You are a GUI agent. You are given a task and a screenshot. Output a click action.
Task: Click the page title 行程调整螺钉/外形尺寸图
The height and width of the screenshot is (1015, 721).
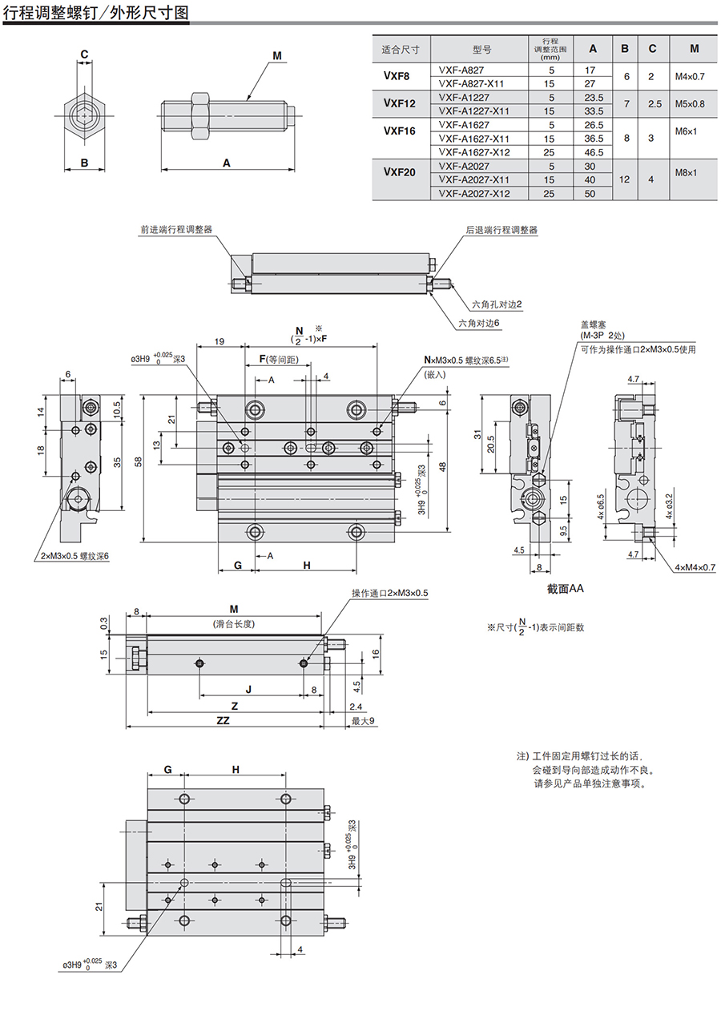[97, 14]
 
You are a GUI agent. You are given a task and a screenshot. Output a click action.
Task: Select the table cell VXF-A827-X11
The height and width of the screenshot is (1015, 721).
[472, 83]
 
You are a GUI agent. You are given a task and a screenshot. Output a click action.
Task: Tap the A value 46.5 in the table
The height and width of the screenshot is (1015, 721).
[593, 152]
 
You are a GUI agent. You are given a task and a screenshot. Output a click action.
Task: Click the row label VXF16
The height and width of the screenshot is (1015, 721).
[400, 131]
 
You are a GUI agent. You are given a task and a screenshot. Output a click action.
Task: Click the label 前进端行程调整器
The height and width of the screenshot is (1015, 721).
[176, 230]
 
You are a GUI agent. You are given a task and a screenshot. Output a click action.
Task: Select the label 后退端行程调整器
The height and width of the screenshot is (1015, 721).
[501, 230]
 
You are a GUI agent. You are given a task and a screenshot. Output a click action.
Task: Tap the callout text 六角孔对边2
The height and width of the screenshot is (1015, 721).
[497, 304]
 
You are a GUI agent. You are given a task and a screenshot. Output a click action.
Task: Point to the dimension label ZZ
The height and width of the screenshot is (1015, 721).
[223, 721]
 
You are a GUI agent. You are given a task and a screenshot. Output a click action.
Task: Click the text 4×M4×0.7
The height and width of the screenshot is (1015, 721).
[695, 567]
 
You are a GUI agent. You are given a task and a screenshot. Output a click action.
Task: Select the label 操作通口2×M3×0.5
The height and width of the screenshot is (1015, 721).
[390, 593]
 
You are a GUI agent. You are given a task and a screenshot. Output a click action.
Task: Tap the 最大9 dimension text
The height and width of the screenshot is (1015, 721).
[363, 721]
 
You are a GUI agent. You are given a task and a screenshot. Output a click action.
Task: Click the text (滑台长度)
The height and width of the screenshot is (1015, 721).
[234, 623]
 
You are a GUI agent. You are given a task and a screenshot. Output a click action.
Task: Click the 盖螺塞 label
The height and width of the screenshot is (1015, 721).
[594, 324]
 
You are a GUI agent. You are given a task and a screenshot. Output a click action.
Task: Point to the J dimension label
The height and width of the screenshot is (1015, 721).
[248, 688]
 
